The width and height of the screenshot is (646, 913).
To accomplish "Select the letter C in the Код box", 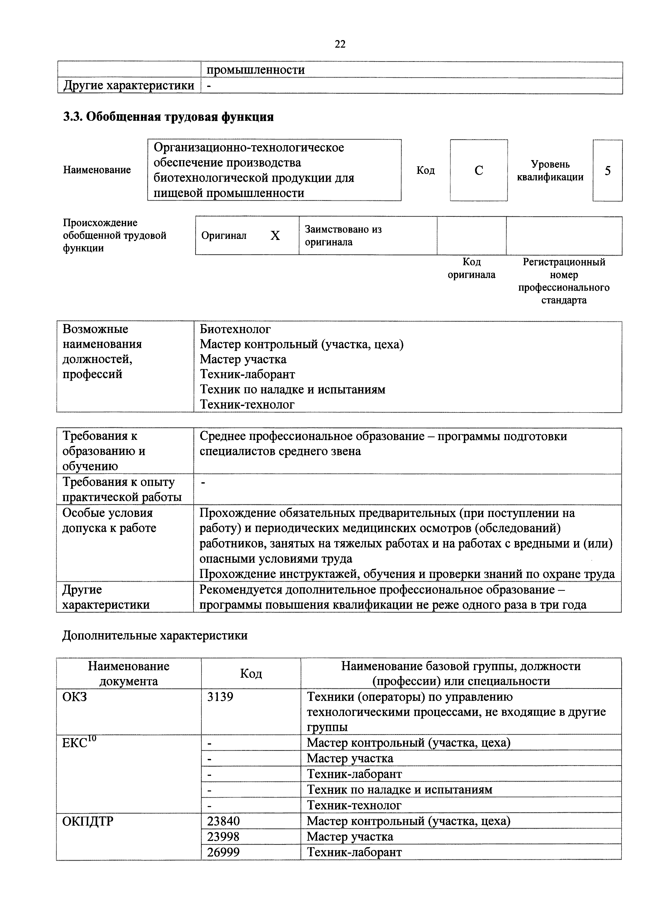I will click(479, 170).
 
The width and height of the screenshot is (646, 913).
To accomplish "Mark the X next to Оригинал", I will click(275, 236).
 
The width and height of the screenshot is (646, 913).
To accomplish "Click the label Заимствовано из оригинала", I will click(343, 236).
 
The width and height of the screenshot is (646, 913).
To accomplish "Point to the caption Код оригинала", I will click(472, 268).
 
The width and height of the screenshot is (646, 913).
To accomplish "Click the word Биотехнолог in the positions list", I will click(235, 329).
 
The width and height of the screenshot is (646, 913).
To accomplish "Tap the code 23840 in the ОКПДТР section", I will click(223, 821).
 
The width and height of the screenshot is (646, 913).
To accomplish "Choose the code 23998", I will click(223, 837).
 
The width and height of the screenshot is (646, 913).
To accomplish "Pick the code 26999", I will click(223, 852).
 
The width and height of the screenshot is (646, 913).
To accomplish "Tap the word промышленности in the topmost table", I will click(256, 70).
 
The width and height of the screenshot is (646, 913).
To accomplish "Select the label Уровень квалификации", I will click(550, 170).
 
